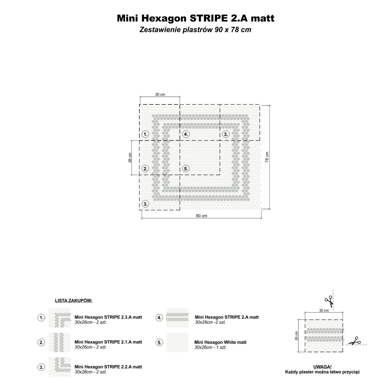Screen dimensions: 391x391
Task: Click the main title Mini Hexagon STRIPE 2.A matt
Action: point(195,18)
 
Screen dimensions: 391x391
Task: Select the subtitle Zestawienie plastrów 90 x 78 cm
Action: point(195,30)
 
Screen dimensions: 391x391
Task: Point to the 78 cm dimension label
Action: point(267,157)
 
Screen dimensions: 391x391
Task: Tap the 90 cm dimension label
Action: point(201,216)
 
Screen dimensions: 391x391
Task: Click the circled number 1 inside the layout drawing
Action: point(145,134)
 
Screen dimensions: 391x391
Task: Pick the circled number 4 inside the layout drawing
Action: point(186,134)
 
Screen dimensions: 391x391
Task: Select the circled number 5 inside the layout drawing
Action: point(186,169)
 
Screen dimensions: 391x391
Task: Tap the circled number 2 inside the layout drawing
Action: point(145,169)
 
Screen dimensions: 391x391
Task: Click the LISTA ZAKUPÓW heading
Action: point(74,301)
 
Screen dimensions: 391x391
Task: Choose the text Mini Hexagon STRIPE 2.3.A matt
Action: point(108,317)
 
